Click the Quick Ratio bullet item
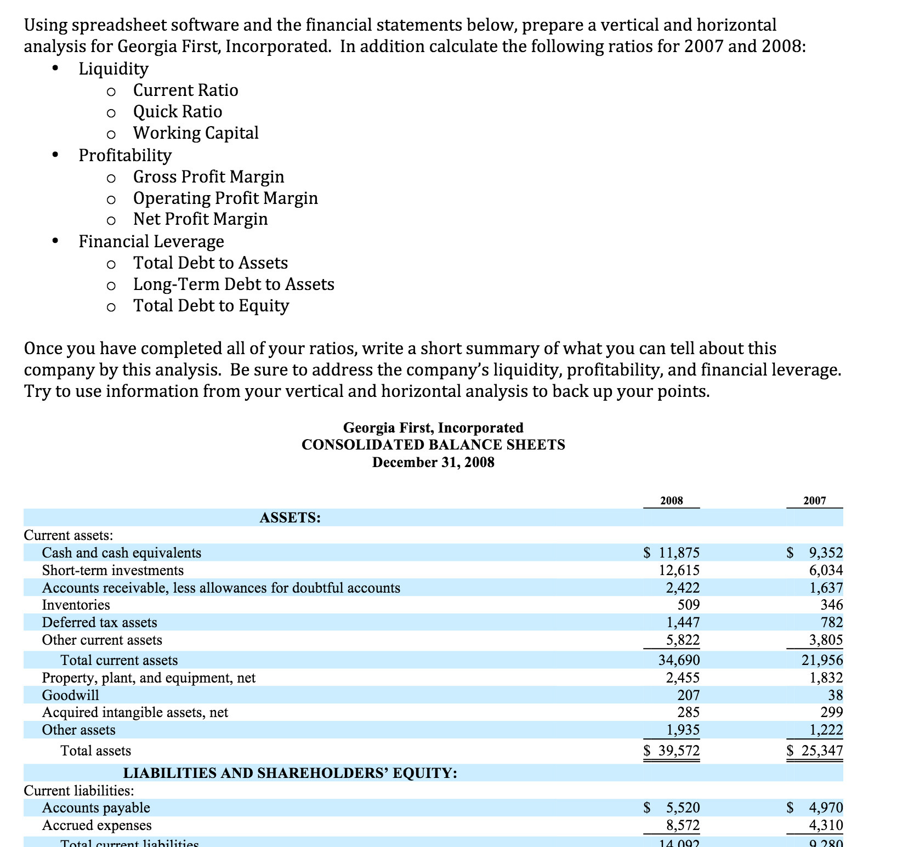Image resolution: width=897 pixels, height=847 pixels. click(x=178, y=111)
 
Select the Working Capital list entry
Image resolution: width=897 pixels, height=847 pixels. click(x=196, y=133)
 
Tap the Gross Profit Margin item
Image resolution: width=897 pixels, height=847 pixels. click(x=208, y=177)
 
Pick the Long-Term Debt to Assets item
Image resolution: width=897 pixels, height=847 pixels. click(x=234, y=284)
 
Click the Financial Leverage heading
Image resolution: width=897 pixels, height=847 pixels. click(x=151, y=241)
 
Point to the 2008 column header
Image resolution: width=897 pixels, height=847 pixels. click(x=672, y=501)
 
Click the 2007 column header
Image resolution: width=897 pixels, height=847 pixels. click(x=814, y=501)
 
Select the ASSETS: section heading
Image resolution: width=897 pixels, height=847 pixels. click(x=290, y=518)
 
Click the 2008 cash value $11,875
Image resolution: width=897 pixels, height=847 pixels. click(x=672, y=553)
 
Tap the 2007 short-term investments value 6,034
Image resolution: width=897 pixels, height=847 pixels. click(x=826, y=570)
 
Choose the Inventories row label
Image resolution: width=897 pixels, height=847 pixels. click(x=76, y=605)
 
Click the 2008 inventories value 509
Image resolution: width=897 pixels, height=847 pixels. click(x=689, y=605)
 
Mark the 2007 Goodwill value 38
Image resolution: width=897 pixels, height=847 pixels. click(x=835, y=695)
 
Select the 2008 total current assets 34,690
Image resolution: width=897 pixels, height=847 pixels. click(x=679, y=660)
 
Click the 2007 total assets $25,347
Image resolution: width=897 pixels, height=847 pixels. click(x=815, y=751)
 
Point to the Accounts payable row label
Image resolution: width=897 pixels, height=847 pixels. click(x=96, y=808)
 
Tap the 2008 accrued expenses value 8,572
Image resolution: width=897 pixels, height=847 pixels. click(x=683, y=825)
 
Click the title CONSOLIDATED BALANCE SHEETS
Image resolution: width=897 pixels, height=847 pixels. click(x=433, y=445)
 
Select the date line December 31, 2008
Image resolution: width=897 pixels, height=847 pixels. click(x=433, y=462)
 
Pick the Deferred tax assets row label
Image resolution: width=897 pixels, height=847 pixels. click(x=99, y=622)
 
